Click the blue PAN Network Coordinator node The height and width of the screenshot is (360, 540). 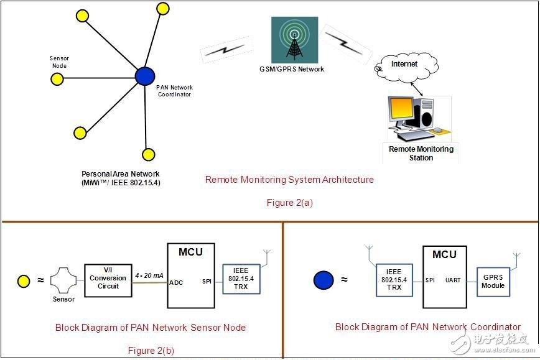pos(145,76)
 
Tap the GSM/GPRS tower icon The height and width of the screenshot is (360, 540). pos(294,39)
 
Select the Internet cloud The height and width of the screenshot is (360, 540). pos(404,67)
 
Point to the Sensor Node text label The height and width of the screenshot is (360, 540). pos(59,62)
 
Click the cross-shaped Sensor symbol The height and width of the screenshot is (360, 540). pos(63,280)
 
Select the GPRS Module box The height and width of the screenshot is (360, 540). pos(493,280)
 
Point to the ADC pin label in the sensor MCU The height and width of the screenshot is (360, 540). pos(176,282)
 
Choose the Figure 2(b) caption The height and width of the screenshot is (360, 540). pos(151,350)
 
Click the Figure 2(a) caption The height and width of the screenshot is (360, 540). pos(289,202)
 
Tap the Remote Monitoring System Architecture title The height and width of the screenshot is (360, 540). pos(289,180)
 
